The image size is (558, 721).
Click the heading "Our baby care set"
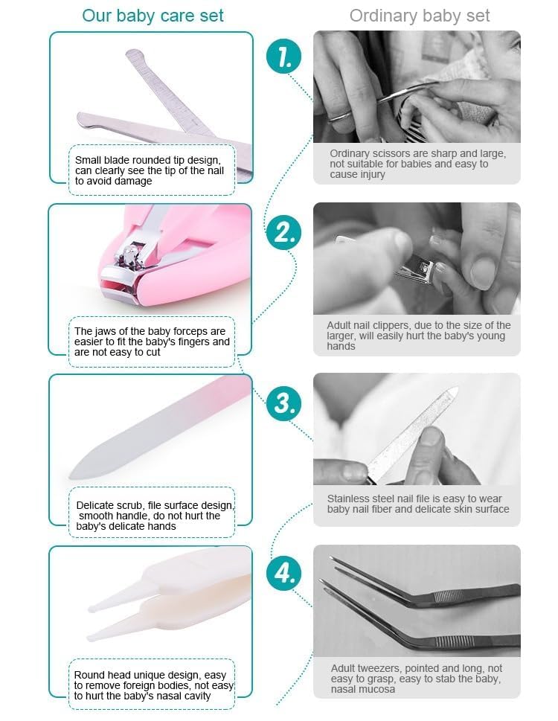pos(153,16)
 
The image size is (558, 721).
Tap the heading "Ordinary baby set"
pos(419,16)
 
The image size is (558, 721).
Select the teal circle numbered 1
pos(283,57)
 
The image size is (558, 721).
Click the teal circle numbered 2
pos(283,232)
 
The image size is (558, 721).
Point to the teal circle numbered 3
pos(283,403)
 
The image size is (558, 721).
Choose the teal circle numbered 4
pos(283,574)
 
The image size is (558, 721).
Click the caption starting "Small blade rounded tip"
pos(150,170)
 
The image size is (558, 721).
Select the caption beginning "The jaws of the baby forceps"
pos(152,342)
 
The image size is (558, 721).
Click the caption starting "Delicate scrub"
pos(155,516)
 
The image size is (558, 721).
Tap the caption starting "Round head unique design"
pos(154,685)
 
